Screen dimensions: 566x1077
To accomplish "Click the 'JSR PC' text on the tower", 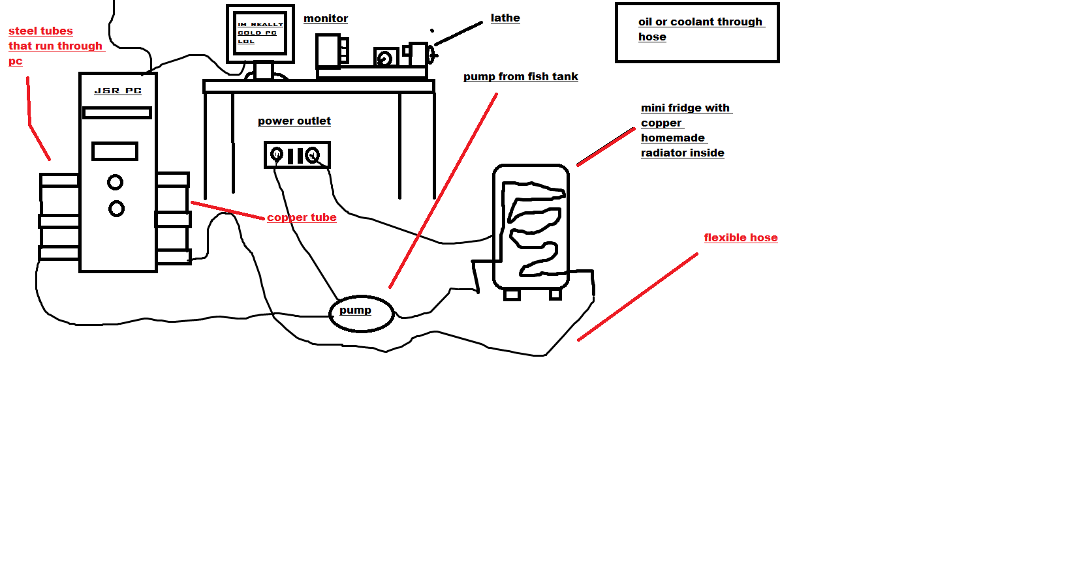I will point(117,91).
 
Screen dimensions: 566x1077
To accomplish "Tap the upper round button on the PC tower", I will point(116,182).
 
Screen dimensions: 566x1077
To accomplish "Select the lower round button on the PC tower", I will point(116,209).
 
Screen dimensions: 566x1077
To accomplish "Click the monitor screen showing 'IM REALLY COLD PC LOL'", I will point(260,33).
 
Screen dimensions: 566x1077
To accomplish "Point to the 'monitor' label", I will point(326,19).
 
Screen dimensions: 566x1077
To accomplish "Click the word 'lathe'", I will point(505,18).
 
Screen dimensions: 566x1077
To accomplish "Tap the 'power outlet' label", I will point(294,121).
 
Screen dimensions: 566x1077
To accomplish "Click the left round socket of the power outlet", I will point(276,155).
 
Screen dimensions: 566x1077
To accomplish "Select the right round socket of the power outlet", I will point(313,155).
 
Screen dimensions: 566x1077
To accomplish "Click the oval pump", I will point(361,313).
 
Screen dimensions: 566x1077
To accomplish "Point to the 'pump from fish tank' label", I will point(520,77).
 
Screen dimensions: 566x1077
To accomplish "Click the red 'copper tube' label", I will point(302,217).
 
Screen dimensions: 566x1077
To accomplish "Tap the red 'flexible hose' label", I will point(740,237).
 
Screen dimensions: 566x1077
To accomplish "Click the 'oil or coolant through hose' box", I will point(697,33).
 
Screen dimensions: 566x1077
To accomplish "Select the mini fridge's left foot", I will point(512,295).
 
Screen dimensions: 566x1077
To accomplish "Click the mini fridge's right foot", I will point(555,294).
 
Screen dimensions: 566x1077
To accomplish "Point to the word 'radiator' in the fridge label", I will point(664,153).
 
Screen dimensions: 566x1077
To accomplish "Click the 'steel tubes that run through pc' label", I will point(52,46).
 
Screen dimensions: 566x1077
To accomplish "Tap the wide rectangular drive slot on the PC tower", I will point(117,113).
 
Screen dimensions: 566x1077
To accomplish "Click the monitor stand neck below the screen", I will point(263,70).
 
